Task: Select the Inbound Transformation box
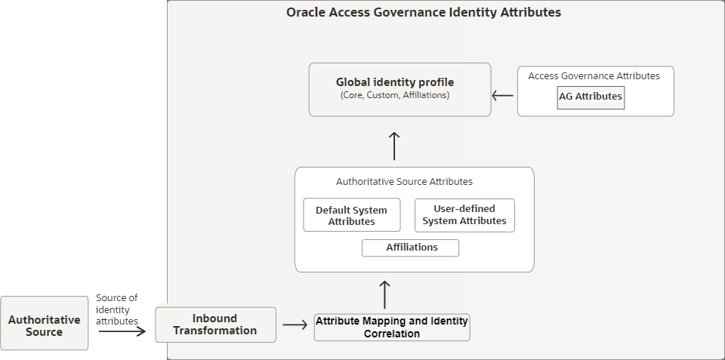[x=215, y=325]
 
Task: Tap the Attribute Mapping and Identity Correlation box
[x=392, y=328]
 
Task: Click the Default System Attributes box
[x=351, y=215]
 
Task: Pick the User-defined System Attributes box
[x=464, y=215]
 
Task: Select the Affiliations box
[x=411, y=248]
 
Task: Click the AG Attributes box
[x=591, y=97]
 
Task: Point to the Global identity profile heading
[x=395, y=82]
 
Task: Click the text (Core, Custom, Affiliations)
[x=395, y=96]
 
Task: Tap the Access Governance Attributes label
[x=594, y=76]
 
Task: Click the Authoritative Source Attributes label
[x=404, y=182]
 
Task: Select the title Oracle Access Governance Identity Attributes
[x=424, y=13]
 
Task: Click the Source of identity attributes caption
[x=117, y=309]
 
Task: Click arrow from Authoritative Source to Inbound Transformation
[x=122, y=331]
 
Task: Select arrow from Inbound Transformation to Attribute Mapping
[x=295, y=326]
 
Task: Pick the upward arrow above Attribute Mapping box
[x=384, y=294]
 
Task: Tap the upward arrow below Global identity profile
[x=393, y=145]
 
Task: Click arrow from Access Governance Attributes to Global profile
[x=503, y=96]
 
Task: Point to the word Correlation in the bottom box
[x=392, y=334]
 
